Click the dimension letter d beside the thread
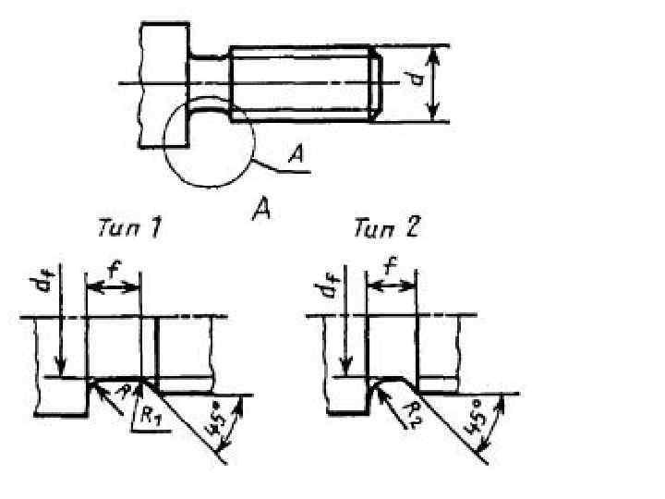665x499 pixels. coord(418,82)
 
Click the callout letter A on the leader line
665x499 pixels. coord(295,158)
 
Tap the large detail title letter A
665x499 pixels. coord(262,212)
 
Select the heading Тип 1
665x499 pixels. coord(128,227)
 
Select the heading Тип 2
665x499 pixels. coord(385,227)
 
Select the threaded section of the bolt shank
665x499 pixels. coord(300,83)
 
